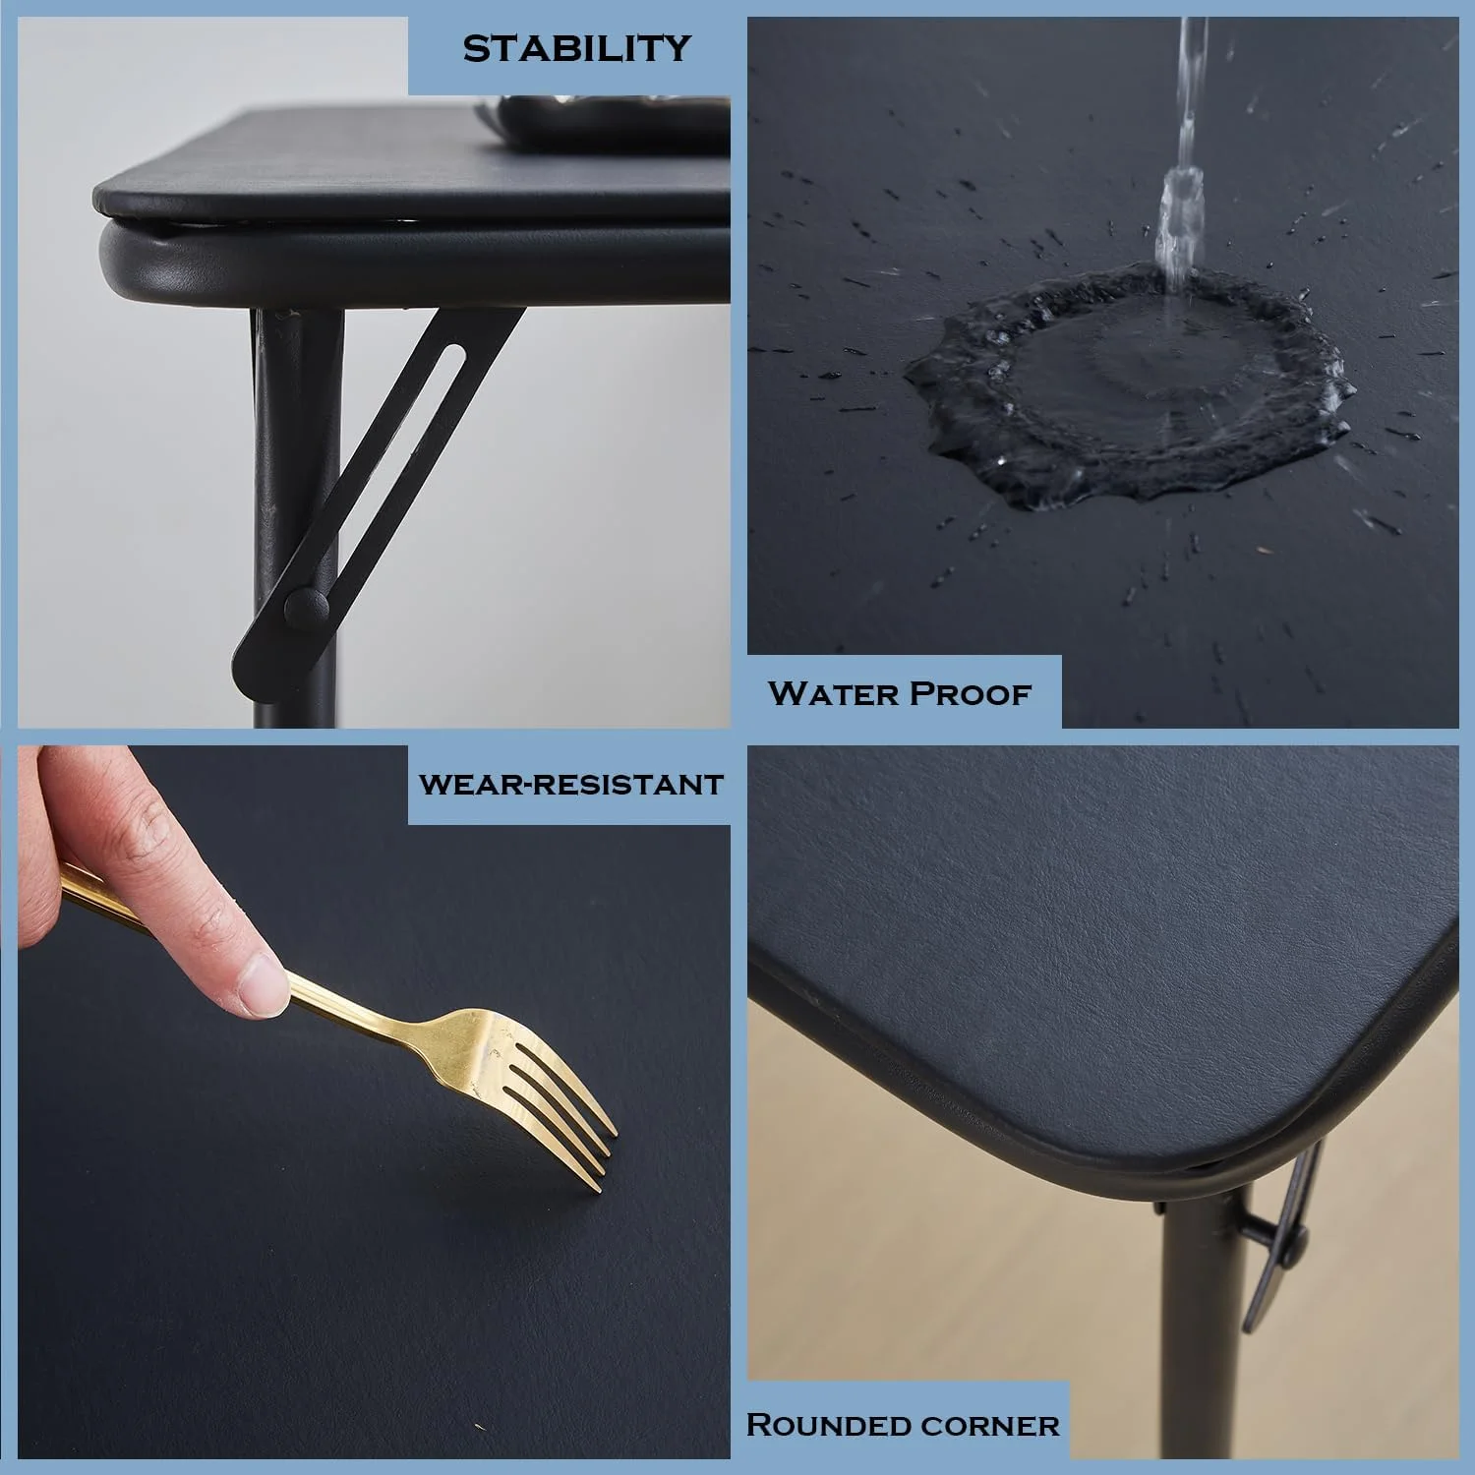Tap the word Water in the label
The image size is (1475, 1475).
831,693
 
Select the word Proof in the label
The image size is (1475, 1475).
969,693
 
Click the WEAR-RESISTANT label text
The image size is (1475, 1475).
570,785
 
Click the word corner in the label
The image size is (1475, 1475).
991,1426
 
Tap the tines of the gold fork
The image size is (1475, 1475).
560,1111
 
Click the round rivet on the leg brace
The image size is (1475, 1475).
306,609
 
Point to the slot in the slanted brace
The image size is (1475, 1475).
403,433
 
